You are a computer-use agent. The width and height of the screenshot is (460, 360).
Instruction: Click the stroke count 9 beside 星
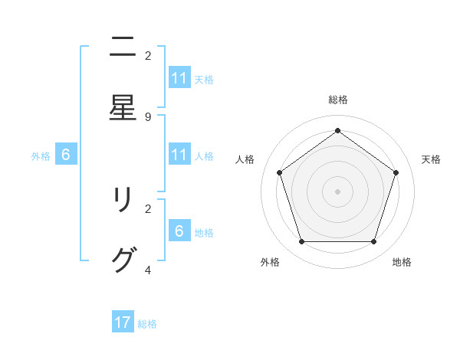tap(148, 117)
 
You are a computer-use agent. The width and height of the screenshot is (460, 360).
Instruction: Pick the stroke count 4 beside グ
tap(148, 270)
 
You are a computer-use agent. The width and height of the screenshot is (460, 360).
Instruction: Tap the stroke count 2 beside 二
tap(148, 56)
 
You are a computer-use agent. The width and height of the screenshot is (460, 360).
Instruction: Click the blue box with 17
tap(123, 322)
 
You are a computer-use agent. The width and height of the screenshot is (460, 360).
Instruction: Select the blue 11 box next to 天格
tap(179, 78)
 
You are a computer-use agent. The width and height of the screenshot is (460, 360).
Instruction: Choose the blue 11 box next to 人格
tap(179, 155)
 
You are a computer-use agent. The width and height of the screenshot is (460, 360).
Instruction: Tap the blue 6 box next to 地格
tap(179, 231)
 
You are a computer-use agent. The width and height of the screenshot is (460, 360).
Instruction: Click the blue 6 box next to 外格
tap(66, 155)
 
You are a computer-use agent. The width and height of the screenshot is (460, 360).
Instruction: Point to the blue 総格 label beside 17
tap(147, 324)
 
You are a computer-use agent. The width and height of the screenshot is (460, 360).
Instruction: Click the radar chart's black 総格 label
tap(337, 100)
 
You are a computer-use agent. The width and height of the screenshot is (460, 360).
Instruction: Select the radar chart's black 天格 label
tap(431, 159)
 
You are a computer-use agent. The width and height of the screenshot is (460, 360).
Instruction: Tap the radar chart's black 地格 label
tap(402, 262)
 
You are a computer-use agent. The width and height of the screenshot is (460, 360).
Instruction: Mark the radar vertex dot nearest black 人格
tap(279, 172)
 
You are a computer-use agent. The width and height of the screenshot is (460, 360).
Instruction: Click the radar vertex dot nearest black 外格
tap(301, 242)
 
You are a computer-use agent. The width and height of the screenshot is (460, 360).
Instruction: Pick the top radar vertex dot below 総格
tap(337, 130)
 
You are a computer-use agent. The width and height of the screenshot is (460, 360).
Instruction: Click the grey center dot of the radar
tap(337, 191)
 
